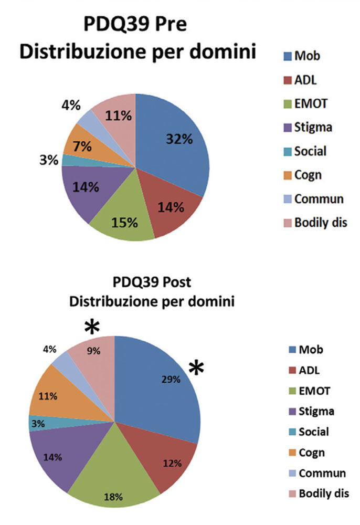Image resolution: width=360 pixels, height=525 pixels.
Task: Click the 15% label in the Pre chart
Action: point(124,222)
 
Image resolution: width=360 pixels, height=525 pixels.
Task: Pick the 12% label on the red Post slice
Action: point(172,463)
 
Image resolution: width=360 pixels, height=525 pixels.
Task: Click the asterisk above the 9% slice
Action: point(92,328)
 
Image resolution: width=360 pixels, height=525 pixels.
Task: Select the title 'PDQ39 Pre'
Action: point(136,25)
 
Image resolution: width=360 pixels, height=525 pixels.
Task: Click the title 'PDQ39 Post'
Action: point(152,283)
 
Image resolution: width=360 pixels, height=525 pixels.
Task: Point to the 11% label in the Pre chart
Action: point(118,115)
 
